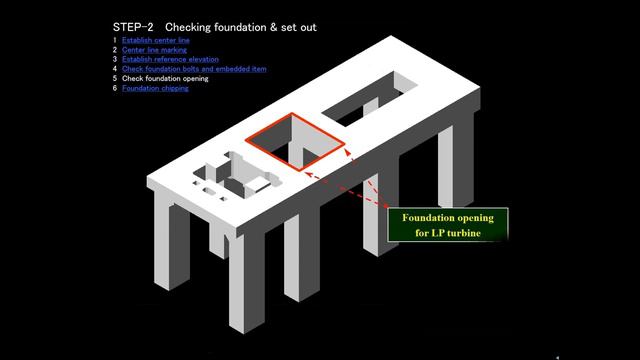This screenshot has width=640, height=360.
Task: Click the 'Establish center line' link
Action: (x=156, y=40)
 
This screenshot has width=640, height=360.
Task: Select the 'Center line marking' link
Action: (x=154, y=50)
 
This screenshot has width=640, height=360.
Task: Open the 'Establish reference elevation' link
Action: (x=170, y=59)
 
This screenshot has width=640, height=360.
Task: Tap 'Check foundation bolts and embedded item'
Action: (x=194, y=69)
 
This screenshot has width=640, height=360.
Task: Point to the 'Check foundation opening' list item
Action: (x=165, y=78)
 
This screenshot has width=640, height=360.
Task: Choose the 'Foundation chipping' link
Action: (x=155, y=88)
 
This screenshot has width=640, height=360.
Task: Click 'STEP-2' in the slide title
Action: (x=133, y=27)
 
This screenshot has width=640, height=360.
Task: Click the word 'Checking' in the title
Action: (x=188, y=27)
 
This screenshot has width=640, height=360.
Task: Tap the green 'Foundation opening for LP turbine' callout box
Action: (x=448, y=225)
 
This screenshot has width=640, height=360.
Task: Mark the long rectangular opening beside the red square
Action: (x=370, y=98)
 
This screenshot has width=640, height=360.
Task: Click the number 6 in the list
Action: (x=115, y=88)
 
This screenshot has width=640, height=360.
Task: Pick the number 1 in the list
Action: (x=115, y=40)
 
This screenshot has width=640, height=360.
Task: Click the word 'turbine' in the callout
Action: (x=464, y=233)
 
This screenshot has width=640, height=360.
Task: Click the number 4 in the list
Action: (x=115, y=69)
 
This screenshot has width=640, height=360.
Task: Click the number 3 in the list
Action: (x=115, y=59)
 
